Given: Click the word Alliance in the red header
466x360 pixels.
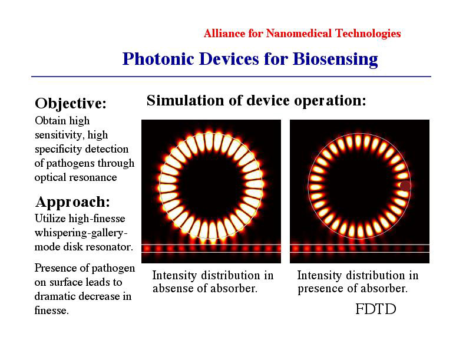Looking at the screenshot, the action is [x=224, y=34].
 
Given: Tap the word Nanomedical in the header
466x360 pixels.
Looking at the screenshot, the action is [x=299, y=34].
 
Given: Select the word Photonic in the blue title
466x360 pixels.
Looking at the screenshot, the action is [x=158, y=58].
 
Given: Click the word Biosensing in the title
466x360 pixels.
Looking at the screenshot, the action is [x=335, y=60].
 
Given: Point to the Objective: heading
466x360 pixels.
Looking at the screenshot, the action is [x=71, y=104].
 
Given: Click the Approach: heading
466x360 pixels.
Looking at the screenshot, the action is [x=73, y=202].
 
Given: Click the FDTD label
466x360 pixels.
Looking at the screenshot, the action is [x=376, y=309].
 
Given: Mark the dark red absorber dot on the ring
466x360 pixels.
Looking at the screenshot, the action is [x=405, y=186].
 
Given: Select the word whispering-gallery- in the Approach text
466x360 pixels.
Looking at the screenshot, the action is [x=81, y=233].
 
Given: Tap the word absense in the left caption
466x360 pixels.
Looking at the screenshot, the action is [x=172, y=288].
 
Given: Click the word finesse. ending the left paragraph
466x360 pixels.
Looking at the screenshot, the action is [x=52, y=311].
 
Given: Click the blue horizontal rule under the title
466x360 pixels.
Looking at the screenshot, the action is [x=231, y=77].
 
